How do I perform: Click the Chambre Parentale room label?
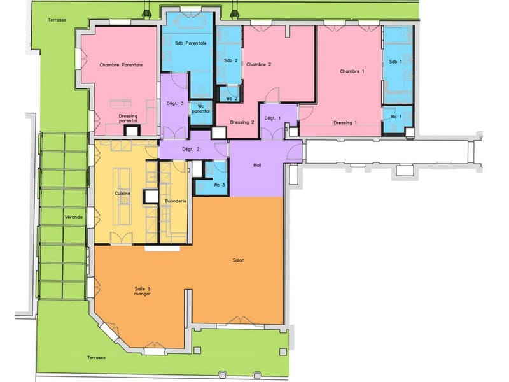tap(121, 65)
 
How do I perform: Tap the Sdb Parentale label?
tap(190, 43)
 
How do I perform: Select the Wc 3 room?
tap(211, 178)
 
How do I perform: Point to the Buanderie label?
tap(176, 201)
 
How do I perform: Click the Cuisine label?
tap(122, 194)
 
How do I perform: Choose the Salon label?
tap(239, 260)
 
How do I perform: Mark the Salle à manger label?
tap(142, 292)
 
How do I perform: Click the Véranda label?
tap(73, 217)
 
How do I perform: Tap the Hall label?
tap(258, 165)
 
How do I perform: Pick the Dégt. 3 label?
tap(175, 104)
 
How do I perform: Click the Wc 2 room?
tap(229, 94)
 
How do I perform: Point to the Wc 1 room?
tap(397, 119)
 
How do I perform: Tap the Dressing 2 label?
tap(242, 122)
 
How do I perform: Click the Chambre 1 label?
tap(352, 71)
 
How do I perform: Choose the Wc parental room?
tap(201, 113)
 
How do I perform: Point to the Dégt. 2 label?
tap(190, 150)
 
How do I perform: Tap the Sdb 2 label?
tap(231, 60)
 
